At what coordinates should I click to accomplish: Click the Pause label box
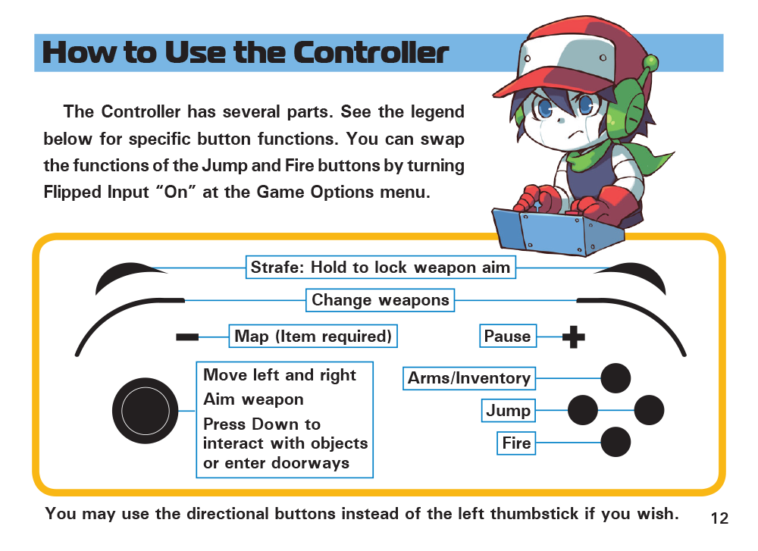[508, 336]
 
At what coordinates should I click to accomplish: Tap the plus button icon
[574, 337]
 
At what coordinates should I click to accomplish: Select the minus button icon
[187, 337]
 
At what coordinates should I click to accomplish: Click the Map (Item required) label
[313, 336]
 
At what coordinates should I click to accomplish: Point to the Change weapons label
[380, 300]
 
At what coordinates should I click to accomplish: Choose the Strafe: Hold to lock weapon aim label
[381, 268]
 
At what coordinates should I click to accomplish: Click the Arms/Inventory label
[469, 378]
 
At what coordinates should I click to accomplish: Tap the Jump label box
[509, 410]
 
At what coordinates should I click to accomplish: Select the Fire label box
[516, 443]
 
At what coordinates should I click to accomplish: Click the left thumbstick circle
[145, 410]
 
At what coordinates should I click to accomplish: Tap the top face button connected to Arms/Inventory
[615, 378]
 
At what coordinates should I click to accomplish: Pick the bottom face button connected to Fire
[615, 442]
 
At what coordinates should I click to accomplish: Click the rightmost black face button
[649, 410]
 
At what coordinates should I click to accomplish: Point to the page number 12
[719, 518]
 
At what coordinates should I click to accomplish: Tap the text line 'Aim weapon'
[253, 399]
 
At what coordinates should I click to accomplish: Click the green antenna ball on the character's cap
[651, 62]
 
